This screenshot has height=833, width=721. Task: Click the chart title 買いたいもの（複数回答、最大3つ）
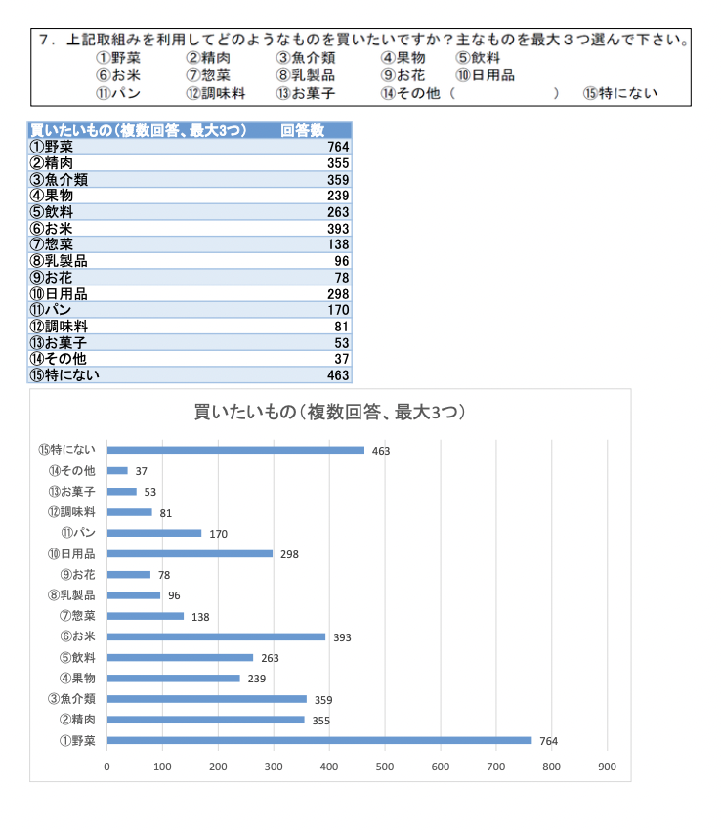329,412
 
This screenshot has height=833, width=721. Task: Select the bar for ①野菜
318,740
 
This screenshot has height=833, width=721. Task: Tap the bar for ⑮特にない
235,450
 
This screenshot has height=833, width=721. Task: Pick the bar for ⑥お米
216,636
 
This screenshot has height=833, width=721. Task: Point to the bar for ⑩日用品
190,553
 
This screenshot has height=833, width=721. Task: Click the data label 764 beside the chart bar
549,741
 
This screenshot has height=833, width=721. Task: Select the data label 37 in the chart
142,471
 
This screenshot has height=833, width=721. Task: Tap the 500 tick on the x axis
385,767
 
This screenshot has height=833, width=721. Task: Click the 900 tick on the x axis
608,767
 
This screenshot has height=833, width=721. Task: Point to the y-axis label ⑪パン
78,533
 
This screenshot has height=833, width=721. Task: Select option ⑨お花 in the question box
403,75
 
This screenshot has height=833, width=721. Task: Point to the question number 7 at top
45,40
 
